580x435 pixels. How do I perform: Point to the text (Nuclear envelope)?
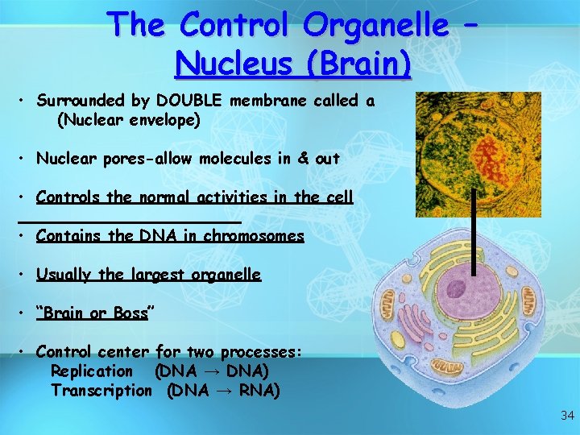128,120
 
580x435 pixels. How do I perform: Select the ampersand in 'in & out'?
303,159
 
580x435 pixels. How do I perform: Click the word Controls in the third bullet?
68,197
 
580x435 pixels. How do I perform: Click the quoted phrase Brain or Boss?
93,313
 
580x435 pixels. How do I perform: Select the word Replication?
91,371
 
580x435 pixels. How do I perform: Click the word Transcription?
101,391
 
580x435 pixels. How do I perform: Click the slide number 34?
566,416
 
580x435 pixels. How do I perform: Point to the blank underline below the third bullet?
129,220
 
